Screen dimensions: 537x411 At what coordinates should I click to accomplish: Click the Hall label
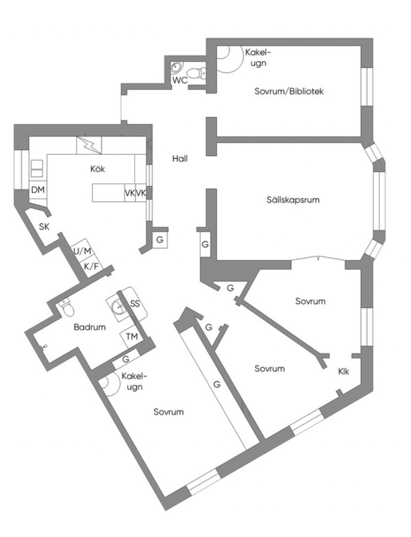coord(180,159)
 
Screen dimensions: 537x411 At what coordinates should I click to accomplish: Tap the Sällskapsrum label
coord(293,199)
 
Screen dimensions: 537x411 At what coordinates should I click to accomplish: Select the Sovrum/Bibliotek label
coord(289,91)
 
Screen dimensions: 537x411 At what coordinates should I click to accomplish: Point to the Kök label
coord(98,169)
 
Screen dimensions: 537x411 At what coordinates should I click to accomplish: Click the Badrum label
coord(90,327)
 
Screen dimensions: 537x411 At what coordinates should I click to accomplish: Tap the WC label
coord(180,80)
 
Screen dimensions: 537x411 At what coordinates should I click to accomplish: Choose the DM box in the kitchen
coord(38,189)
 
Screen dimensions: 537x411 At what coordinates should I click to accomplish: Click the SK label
coord(44,227)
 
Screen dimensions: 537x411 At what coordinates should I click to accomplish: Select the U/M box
coord(82,251)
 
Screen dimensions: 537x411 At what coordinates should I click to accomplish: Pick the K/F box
coord(91,266)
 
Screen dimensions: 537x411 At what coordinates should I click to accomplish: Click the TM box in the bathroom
coord(132,336)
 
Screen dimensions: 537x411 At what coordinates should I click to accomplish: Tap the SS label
coord(135,303)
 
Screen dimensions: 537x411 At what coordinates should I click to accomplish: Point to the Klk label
coord(344,372)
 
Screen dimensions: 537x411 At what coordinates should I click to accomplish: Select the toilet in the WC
coord(196,73)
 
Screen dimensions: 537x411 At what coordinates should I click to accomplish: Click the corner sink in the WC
coord(176,67)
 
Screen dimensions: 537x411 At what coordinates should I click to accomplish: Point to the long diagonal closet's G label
coord(217,384)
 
